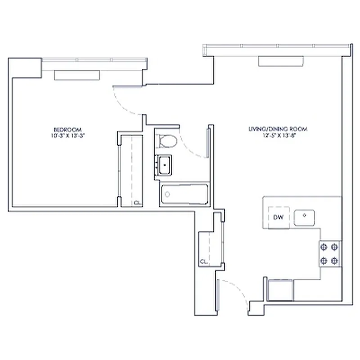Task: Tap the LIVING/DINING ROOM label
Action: [x=277, y=129]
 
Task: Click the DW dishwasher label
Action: [x=278, y=218]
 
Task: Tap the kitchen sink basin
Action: [x=304, y=218]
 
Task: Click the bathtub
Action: [x=184, y=194]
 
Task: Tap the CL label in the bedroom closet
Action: [x=137, y=202]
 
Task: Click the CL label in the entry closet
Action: [x=203, y=261]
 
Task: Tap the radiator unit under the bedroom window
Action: [x=76, y=75]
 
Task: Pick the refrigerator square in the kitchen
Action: [x=280, y=290]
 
